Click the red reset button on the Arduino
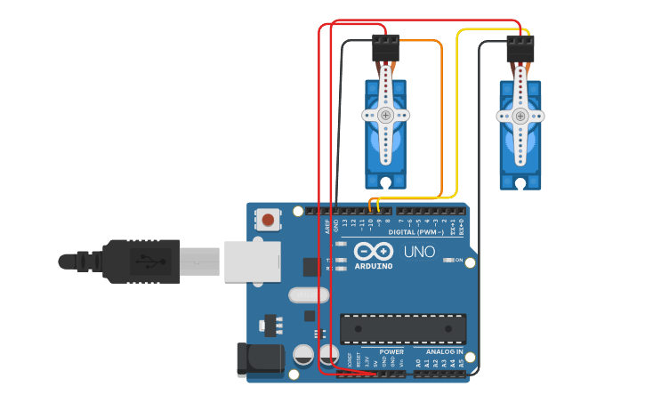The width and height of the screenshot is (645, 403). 268,219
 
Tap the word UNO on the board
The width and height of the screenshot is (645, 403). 419,252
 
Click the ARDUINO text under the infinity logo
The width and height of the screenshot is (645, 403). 374,266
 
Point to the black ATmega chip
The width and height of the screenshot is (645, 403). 402,328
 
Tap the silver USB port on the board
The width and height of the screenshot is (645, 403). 252,262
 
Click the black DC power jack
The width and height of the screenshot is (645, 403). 260,359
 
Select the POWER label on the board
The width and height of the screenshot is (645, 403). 391,352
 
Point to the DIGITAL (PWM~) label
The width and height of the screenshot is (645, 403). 419,231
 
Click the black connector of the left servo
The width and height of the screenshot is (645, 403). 385,47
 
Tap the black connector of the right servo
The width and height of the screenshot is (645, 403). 520,48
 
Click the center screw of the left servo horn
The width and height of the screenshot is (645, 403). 385,115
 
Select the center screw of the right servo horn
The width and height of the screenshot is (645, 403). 520,116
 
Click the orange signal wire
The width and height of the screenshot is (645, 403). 441,116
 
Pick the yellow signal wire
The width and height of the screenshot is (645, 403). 457,116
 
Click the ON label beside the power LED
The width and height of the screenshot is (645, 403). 458,261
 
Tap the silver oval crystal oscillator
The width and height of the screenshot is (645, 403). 309,294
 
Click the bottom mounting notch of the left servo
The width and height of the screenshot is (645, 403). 385,181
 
